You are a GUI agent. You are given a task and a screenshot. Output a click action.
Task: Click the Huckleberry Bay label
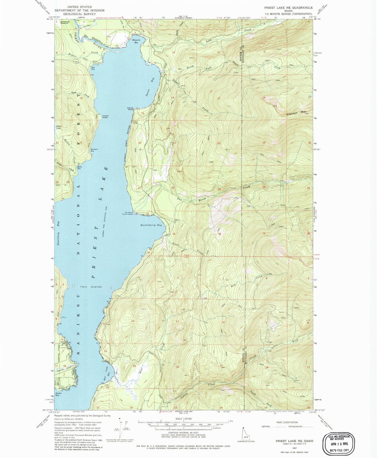[x=151, y=225]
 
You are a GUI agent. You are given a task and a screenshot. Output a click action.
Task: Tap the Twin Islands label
[x=91, y=287]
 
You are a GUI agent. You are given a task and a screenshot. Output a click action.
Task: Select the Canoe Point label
[x=130, y=109]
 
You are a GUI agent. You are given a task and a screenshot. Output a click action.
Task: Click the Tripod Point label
[x=105, y=117]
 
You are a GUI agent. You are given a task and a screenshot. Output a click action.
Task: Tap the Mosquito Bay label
[x=136, y=41]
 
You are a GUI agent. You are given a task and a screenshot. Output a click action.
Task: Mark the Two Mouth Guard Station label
[x=127, y=213]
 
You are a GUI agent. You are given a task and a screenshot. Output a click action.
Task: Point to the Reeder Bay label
[x=59, y=394]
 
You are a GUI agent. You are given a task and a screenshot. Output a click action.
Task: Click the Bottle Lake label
[x=59, y=127]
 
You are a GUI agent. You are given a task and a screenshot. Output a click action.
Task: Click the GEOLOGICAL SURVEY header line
[x=79, y=14]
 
